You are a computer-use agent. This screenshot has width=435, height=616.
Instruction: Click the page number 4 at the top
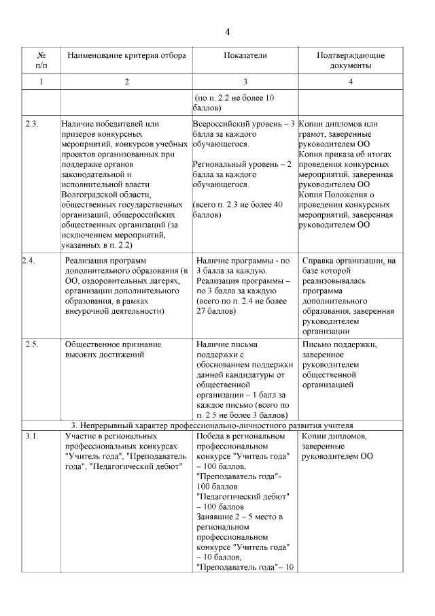tap(228, 32)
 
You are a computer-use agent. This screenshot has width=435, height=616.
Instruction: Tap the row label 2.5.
tap(31, 344)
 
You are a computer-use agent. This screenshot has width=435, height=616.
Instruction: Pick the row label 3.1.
tap(31, 435)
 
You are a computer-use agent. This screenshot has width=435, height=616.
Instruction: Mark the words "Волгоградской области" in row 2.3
tap(101, 194)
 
